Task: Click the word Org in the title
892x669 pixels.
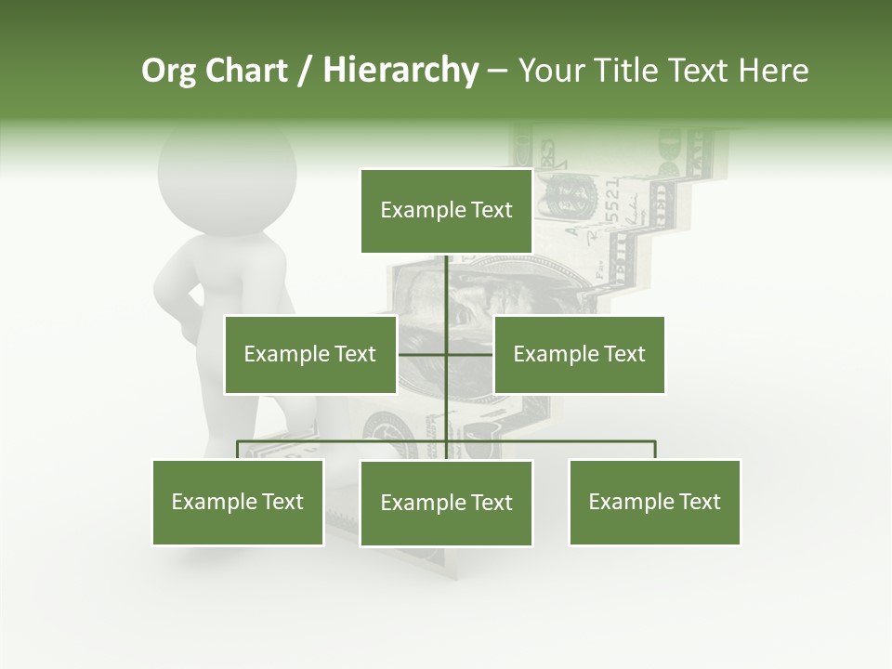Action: tap(169, 71)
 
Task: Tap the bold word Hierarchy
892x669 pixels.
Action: tap(400, 71)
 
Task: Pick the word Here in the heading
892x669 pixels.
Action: tap(773, 71)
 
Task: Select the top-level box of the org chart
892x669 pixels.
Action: tap(446, 211)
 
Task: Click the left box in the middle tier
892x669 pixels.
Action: tap(309, 354)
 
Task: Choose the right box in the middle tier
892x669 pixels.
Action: tap(579, 354)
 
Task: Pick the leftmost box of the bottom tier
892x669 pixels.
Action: tap(237, 502)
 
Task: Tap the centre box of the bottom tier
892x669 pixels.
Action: tap(446, 503)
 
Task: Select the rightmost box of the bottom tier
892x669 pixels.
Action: tap(654, 502)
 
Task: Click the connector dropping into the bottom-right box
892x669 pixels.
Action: tap(655, 450)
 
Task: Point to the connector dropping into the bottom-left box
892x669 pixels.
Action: tap(238, 450)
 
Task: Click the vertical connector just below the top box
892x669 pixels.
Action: tap(447, 279)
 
